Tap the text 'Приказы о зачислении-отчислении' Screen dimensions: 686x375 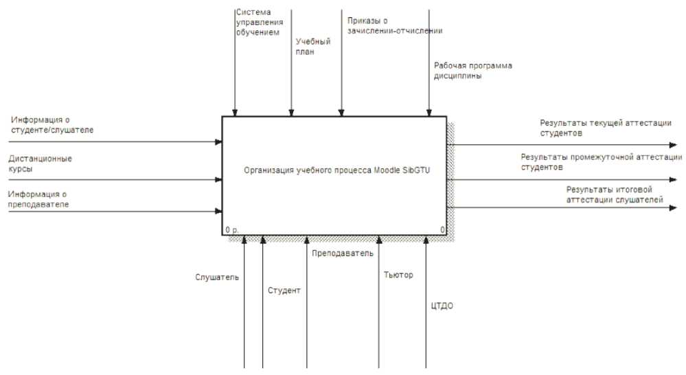(x=395, y=25)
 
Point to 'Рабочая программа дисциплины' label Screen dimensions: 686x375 (x=473, y=71)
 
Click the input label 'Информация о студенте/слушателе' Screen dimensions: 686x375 (x=52, y=124)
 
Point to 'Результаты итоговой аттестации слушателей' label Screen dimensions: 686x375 (x=614, y=194)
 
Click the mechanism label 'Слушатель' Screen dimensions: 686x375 (x=216, y=277)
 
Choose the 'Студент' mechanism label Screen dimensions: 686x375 (x=284, y=291)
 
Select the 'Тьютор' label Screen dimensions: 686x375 (x=398, y=275)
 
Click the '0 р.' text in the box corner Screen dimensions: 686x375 (x=231, y=229)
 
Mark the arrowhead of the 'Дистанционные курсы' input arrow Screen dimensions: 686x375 (x=218, y=180)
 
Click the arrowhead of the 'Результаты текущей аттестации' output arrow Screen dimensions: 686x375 (x=672, y=145)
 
